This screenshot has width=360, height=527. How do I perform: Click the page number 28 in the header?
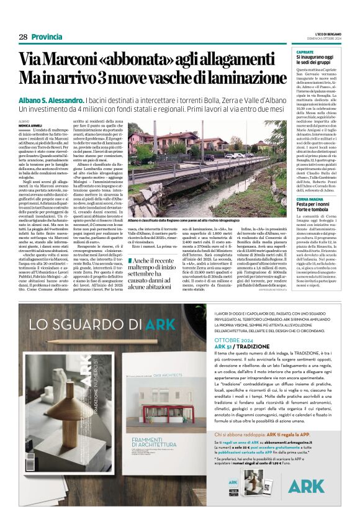(22, 37)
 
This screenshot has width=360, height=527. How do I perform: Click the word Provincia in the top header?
(47, 37)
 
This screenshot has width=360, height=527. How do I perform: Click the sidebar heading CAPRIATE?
(305, 52)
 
